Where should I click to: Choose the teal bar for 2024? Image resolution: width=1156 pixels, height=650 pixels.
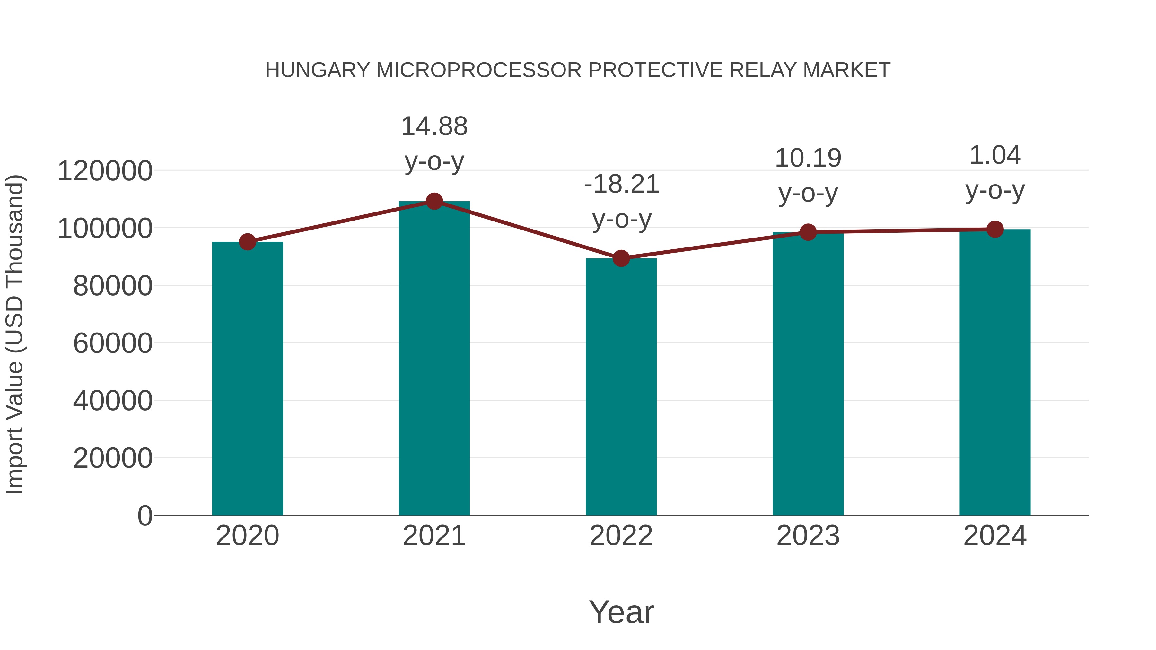click(995, 372)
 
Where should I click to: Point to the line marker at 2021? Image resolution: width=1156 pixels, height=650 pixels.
click(434, 201)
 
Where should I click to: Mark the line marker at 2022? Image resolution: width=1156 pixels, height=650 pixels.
click(621, 258)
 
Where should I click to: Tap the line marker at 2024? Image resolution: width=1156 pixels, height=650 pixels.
click(995, 229)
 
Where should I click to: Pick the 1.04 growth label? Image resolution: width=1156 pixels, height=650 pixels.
click(995, 173)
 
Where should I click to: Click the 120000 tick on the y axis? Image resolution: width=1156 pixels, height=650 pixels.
click(105, 171)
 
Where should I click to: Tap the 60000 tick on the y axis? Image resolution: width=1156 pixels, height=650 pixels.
click(113, 343)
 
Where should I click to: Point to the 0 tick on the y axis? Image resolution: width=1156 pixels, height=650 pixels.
click(145, 516)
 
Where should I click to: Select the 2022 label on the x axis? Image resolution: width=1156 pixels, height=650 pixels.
click(621, 536)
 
